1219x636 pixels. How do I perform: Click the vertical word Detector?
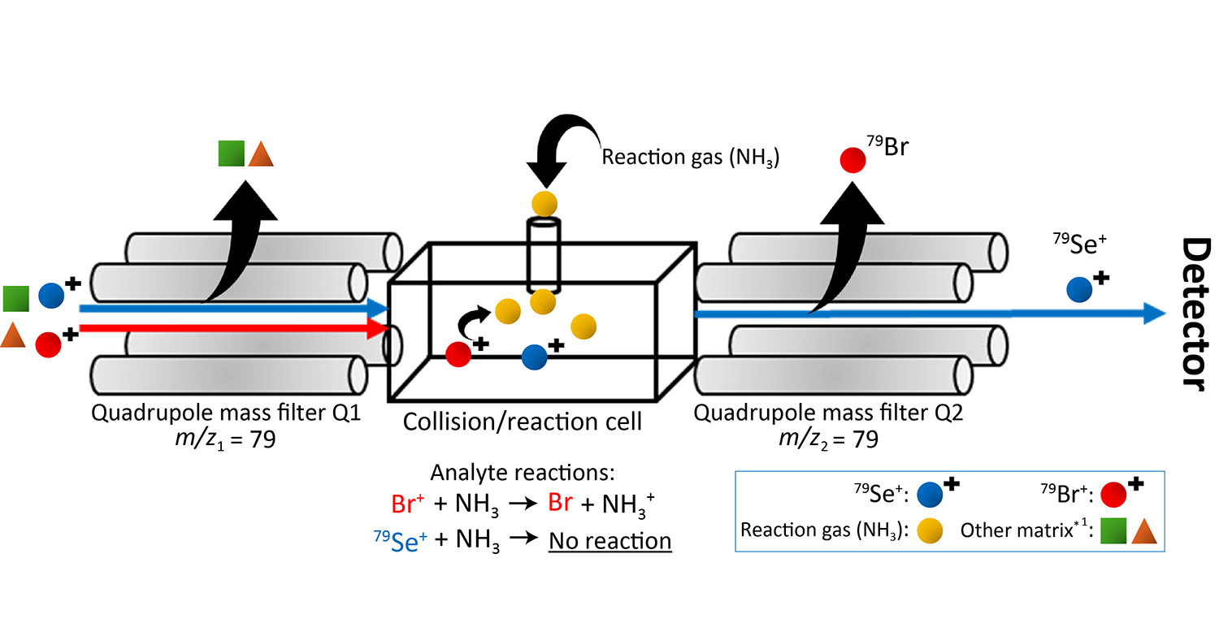pos(1193,315)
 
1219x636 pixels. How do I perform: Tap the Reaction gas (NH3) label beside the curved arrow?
pos(690,158)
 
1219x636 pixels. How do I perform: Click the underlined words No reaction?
pos(609,541)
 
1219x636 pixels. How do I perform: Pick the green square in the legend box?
pos(1113,532)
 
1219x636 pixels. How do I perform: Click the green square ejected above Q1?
pos(232,154)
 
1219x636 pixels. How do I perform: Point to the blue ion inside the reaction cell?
pos(534,356)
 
